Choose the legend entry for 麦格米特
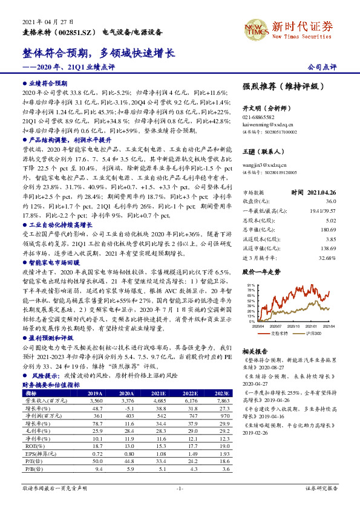(x=280, y=333)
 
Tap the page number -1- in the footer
(x=179, y=487)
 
